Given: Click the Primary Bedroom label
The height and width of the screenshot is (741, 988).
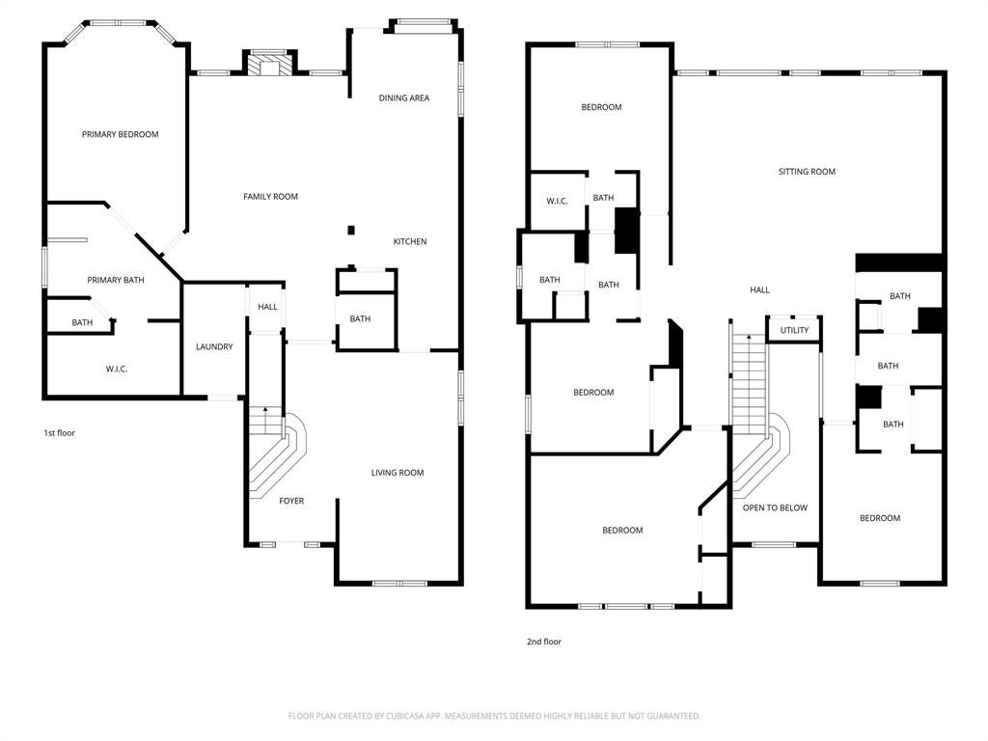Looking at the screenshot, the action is pos(121,134).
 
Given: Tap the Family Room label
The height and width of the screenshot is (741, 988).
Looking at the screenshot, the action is pos(270,197).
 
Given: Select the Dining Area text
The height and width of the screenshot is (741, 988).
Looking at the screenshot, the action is pos(404,97).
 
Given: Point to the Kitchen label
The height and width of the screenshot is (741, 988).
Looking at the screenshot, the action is pos(409,241).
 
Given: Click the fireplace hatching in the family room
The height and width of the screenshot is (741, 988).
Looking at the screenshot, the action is pos(270,67).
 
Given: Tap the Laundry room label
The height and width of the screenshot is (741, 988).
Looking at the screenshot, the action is pos(214,346).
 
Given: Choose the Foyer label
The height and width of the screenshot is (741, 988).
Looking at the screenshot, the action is pos(291,501).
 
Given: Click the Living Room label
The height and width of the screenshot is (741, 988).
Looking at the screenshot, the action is pos(397,473).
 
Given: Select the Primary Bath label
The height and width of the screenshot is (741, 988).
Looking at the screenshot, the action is pos(116,280).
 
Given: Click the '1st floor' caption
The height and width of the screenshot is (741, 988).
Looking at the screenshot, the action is pos(59,433).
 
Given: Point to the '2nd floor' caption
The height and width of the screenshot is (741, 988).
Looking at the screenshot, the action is pos(544,642).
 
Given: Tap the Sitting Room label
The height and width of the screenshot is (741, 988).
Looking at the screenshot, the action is pos(807,172).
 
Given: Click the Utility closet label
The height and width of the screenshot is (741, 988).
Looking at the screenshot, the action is pos(794,330).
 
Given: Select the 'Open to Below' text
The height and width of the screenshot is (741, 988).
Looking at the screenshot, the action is pos(775,508).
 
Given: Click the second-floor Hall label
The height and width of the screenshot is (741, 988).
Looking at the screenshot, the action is pos(759,289).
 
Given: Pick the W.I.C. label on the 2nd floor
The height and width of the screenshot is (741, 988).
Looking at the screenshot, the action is pos(557,201).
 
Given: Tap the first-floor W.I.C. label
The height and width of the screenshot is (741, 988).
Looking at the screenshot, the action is pos(116,369).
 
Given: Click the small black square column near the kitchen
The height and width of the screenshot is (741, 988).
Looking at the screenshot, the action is pos(351,230).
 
